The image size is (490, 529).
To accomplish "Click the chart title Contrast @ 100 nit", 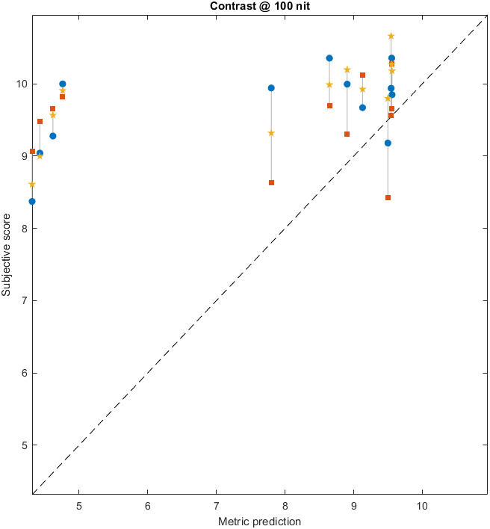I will [258, 7].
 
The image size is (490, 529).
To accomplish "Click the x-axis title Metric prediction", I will [258, 521].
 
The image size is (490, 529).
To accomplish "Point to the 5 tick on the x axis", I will [78, 504].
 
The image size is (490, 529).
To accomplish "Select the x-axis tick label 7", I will [217, 504].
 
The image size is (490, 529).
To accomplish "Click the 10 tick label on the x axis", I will [423, 504].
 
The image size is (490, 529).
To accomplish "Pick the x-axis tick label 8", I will [285, 504].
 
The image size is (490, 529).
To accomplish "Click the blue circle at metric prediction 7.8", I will [271, 88].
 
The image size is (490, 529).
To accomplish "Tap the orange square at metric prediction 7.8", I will [271, 182].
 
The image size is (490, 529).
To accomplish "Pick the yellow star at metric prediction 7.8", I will [271, 133].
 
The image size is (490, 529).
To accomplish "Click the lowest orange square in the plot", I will [388, 197].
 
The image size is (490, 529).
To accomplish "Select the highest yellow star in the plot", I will [391, 36].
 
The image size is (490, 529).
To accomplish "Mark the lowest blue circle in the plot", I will [32, 201].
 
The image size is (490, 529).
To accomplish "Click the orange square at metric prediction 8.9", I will [347, 134].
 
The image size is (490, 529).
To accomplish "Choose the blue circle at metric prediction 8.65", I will [329, 58].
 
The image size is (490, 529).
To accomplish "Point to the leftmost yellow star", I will [32, 184].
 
